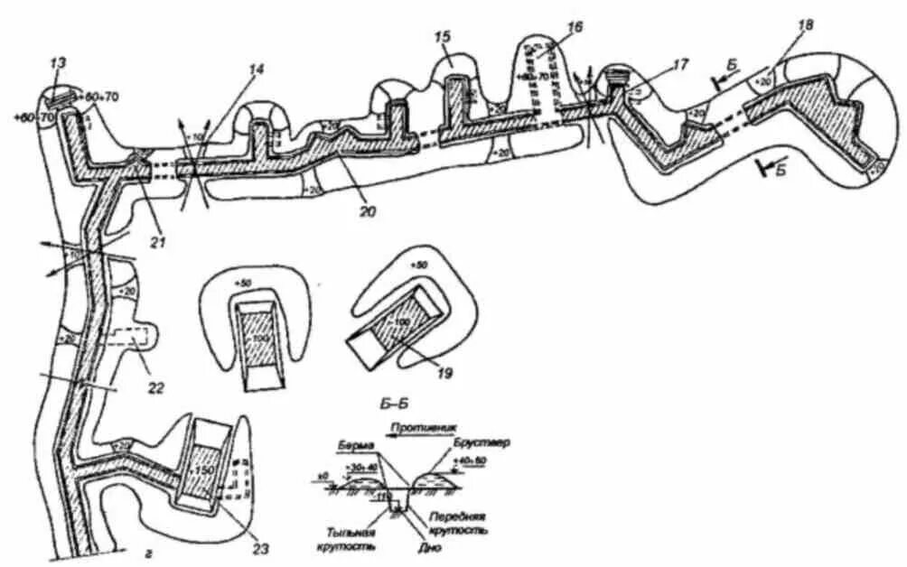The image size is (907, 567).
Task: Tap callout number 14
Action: point(258,68)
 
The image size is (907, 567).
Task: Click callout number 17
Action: point(681,64)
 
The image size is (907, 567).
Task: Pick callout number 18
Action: point(805,25)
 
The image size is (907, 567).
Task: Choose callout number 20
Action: point(366,211)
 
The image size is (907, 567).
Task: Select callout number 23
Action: point(261,546)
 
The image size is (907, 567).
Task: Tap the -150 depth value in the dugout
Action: point(204,469)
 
